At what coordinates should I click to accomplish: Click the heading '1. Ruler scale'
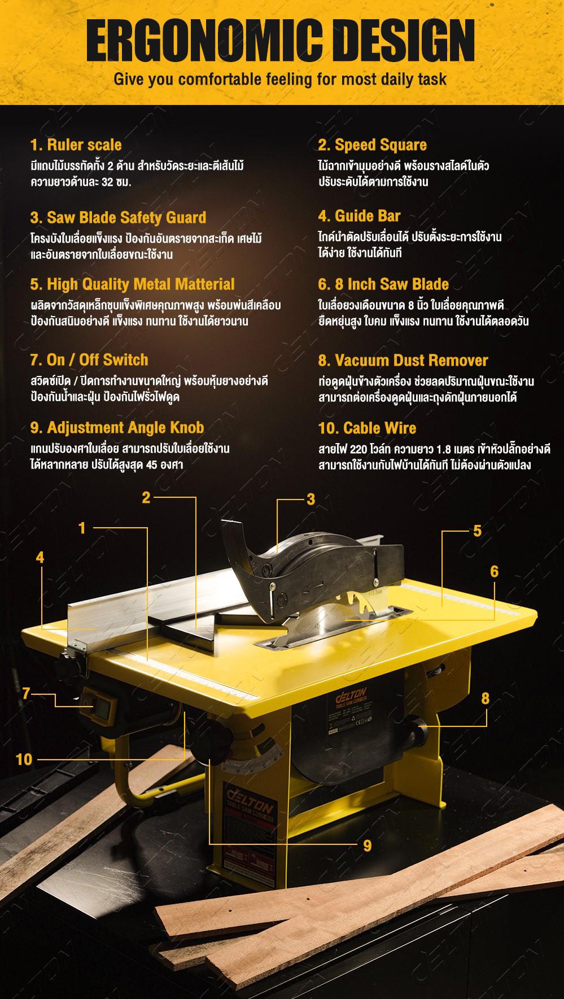tap(76, 146)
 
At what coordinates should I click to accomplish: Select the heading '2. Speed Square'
tap(372, 145)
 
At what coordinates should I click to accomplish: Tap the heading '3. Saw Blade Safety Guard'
tap(118, 217)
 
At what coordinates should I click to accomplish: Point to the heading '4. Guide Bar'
tap(359, 216)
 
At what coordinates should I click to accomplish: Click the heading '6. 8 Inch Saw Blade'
tap(383, 284)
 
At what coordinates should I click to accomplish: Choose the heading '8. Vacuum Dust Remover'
tap(403, 360)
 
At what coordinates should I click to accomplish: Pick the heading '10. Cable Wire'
tap(367, 428)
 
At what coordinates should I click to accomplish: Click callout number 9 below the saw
tap(368, 845)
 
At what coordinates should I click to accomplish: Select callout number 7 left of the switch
tap(26, 693)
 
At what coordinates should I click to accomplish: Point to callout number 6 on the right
tap(495, 571)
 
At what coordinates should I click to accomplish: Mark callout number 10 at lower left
tap(24, 759)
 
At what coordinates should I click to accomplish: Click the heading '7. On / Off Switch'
tap(89, 360)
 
